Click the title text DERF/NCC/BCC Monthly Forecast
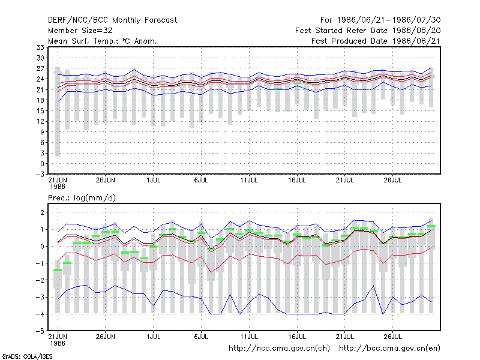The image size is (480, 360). [112, 20]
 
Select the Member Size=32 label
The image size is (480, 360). [80, 31]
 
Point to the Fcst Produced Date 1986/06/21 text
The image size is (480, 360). [376, 41]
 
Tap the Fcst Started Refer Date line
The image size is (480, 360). [368, 31]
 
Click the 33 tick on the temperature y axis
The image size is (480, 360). [40, 47]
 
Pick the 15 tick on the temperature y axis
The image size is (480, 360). [40, 111]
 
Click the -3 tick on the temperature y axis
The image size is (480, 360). [40, 175]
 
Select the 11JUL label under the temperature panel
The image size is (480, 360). [249, 181]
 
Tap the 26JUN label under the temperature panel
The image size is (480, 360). [106, 181]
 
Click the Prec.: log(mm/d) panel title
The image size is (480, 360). [82, 198]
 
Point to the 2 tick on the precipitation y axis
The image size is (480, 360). [42, 212]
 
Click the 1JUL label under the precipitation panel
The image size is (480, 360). [154, 337]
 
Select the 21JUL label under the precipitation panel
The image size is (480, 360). [344, 337]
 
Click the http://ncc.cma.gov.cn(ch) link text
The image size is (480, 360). [279, 349]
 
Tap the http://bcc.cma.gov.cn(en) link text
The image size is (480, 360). [389, 349]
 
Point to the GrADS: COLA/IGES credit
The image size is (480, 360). [27, 356]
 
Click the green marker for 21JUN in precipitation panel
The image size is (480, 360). [58, 270]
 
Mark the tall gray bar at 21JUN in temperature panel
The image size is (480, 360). [58, 112]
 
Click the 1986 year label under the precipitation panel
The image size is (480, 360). [58, 343]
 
